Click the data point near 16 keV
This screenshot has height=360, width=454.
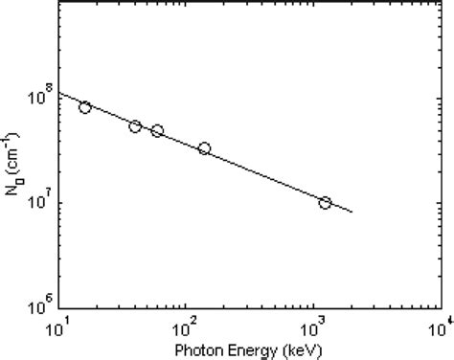[x=85, y=107]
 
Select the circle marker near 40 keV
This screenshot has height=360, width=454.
[x=135, y=126]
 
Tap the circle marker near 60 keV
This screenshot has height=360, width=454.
[x=157, y=130]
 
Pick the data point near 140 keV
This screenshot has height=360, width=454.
[x=204, y=148]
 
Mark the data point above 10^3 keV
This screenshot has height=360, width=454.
[x=325, y=203]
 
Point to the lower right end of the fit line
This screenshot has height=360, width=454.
[x=352, y=213]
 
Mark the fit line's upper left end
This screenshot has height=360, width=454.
[x=60, y=94]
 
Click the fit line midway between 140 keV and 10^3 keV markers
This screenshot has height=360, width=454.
[x=264, y=174]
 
